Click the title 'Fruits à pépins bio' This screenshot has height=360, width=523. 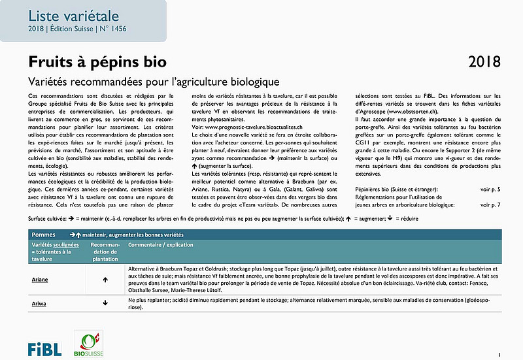click(x=97, y=61)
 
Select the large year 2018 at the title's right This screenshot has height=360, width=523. click(x=484, y=62)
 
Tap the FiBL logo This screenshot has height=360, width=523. click(x=44, y=348)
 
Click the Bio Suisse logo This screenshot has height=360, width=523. click(x=89, y=344)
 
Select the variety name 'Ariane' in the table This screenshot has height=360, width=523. click(x=41, y=279)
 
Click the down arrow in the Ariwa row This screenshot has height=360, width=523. click(x=105, y=303)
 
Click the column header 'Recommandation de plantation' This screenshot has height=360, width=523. click(x=105, y=252)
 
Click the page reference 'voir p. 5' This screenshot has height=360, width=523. click(x=490, y=189)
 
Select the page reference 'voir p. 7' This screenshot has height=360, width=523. click(x=490, y=205)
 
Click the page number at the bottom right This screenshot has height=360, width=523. click(x=499, y=354)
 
